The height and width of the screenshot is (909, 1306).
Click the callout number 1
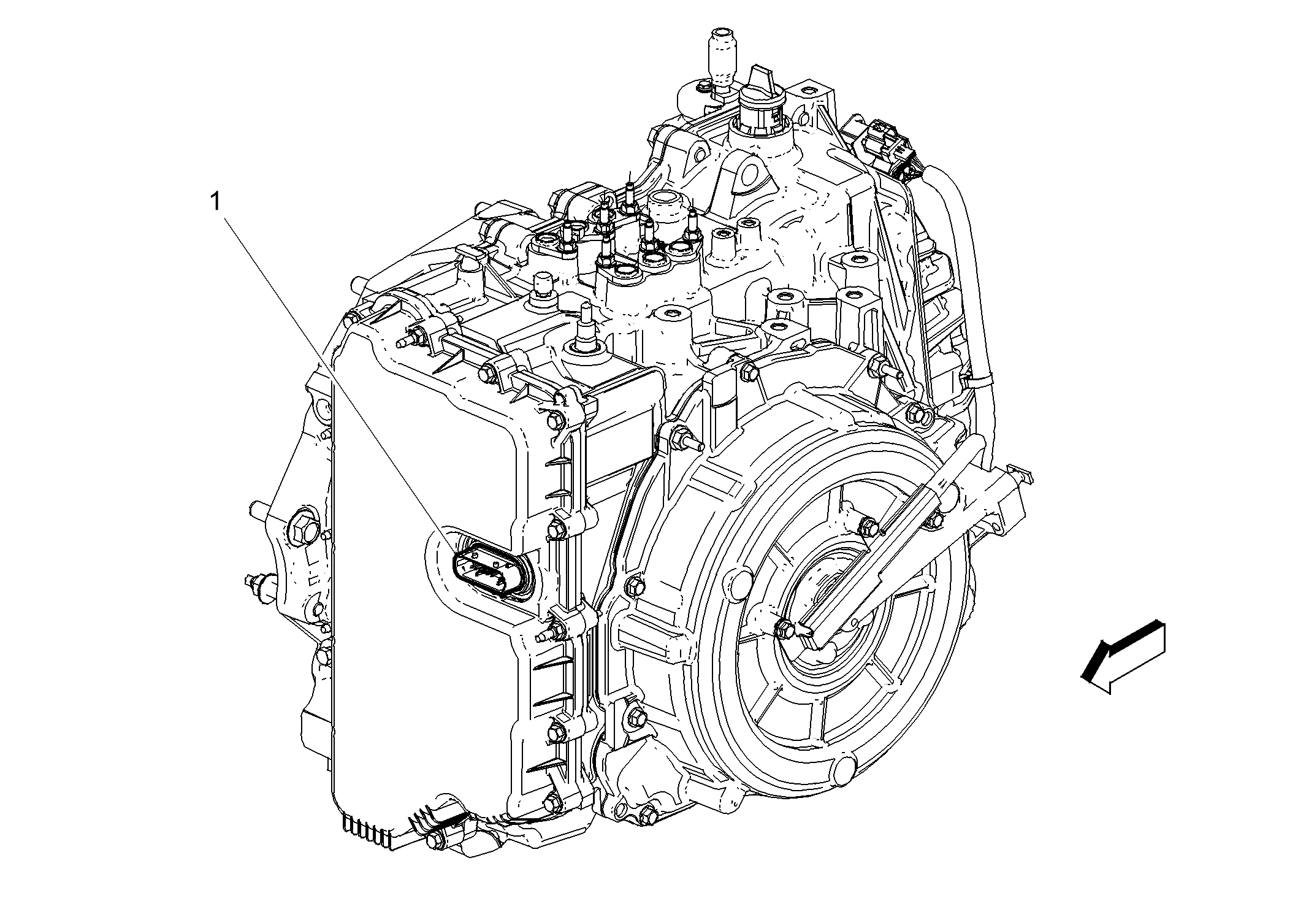coord(215,202)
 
